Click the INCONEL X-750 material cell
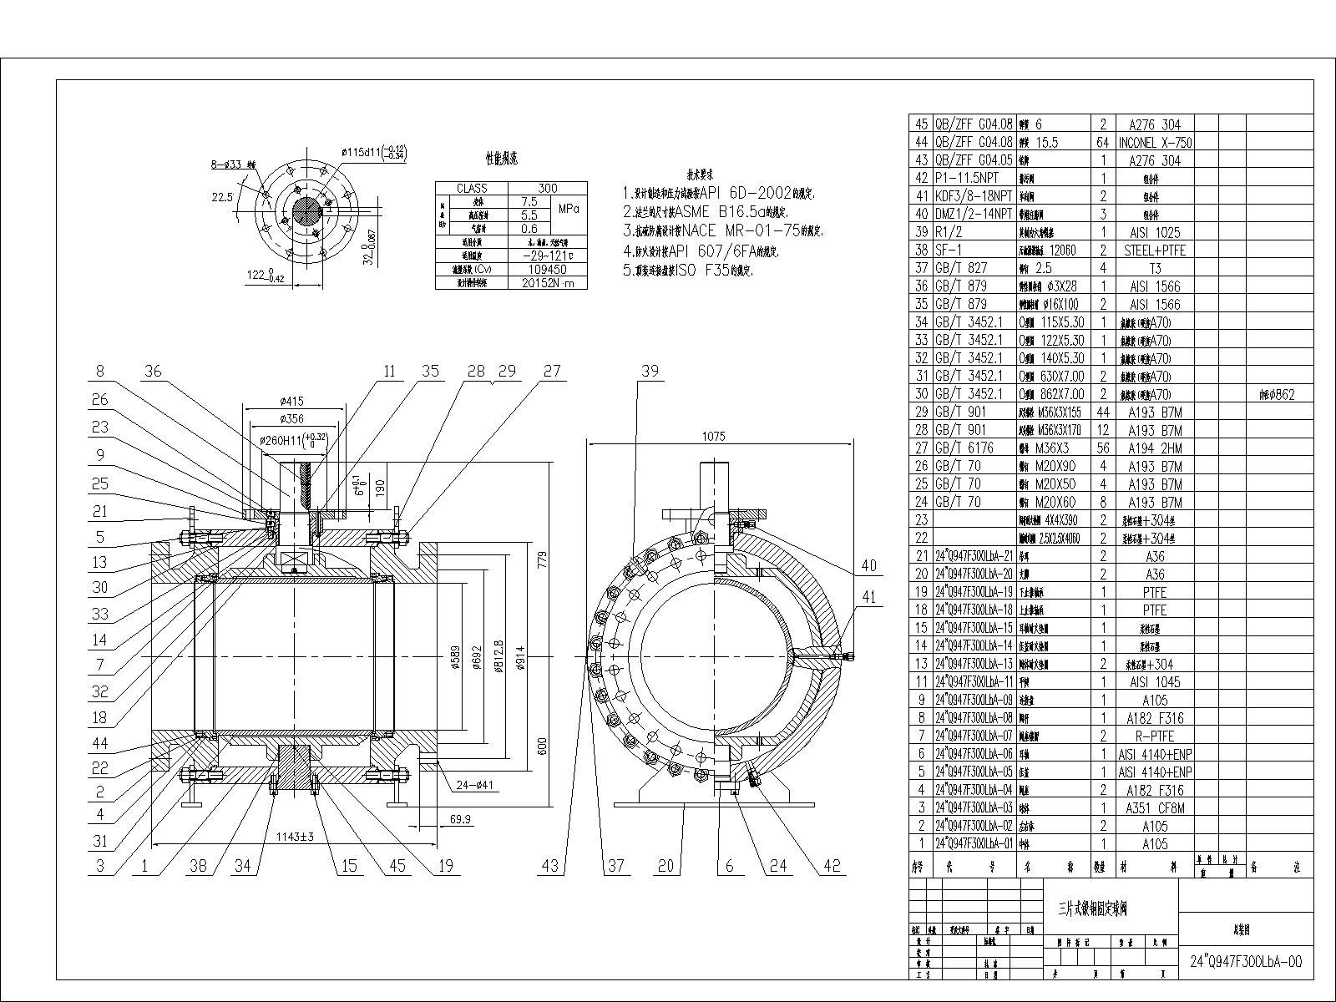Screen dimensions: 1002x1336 click(x=1155, y=143)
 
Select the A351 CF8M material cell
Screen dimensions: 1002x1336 click(x=1155, y=807)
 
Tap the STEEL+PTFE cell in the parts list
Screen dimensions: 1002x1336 click(x=1155, y=250)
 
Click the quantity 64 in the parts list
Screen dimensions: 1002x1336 click(x=1103, y=143)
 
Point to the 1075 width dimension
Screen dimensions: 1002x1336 click(x=714, y=435)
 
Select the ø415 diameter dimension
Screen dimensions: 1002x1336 click(x=294, y=402)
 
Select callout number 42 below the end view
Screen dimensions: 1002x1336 click(x=832, y=866)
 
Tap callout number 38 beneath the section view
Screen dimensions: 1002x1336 click(x=198, y=866)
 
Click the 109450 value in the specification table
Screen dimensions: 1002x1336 click(x=547, y=270)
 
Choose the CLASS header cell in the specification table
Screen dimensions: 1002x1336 click(x=472, y=189)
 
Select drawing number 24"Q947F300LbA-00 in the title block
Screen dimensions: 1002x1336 click(x=1245, y=961)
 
